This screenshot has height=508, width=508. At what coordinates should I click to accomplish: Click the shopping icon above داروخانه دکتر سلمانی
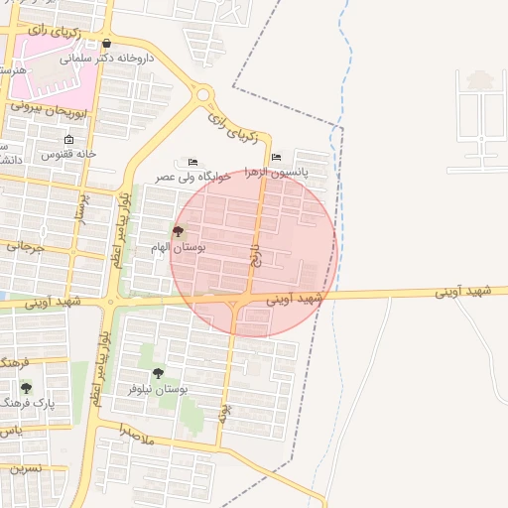pyautogui.click(x=106, y=44)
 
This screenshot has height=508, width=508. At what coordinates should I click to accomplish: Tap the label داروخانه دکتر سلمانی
pyautogui.click(x=108, y=58)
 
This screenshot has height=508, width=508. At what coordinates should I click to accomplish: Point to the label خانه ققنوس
pyautogui.click(x=68, y=154)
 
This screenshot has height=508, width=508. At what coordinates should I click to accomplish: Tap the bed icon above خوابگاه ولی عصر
pyautogui.click(x=192, y=162)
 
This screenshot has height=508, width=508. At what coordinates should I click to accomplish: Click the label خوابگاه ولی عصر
pyautogui.click(x=193, y=176)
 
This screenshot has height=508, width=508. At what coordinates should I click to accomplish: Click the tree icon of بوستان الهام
pyautogui.click(x=178, y=231)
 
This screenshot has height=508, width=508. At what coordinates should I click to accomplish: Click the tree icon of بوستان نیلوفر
pyautogui.click(x=158, y=374)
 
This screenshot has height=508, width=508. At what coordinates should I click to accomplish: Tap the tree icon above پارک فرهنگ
pyautogui.click(x=26, y=388)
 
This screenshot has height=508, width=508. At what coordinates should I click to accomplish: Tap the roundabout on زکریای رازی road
pyautogui.click(x=204, y=95)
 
